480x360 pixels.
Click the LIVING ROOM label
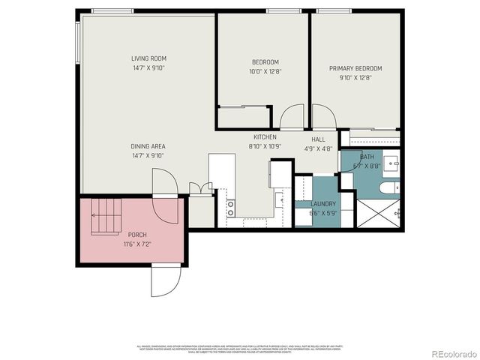[148, 58]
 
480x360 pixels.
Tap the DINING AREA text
[148, 146]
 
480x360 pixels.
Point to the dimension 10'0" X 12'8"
[265, 73]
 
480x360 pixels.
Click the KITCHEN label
[265, 137]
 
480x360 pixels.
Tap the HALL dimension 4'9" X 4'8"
[318, 148]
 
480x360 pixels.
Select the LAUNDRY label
[323, 203]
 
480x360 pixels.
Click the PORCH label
[137, 234]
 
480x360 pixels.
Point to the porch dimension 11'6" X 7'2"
[137, 244]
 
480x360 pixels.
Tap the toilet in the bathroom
[386, 188]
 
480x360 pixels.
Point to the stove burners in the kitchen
[230, 207]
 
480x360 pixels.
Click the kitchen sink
[278, 199]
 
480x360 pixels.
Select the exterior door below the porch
[166, 280]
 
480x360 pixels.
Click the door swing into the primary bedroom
[323, 118]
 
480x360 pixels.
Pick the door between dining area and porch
[165, 184]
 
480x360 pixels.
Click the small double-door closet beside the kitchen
[200, 189]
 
